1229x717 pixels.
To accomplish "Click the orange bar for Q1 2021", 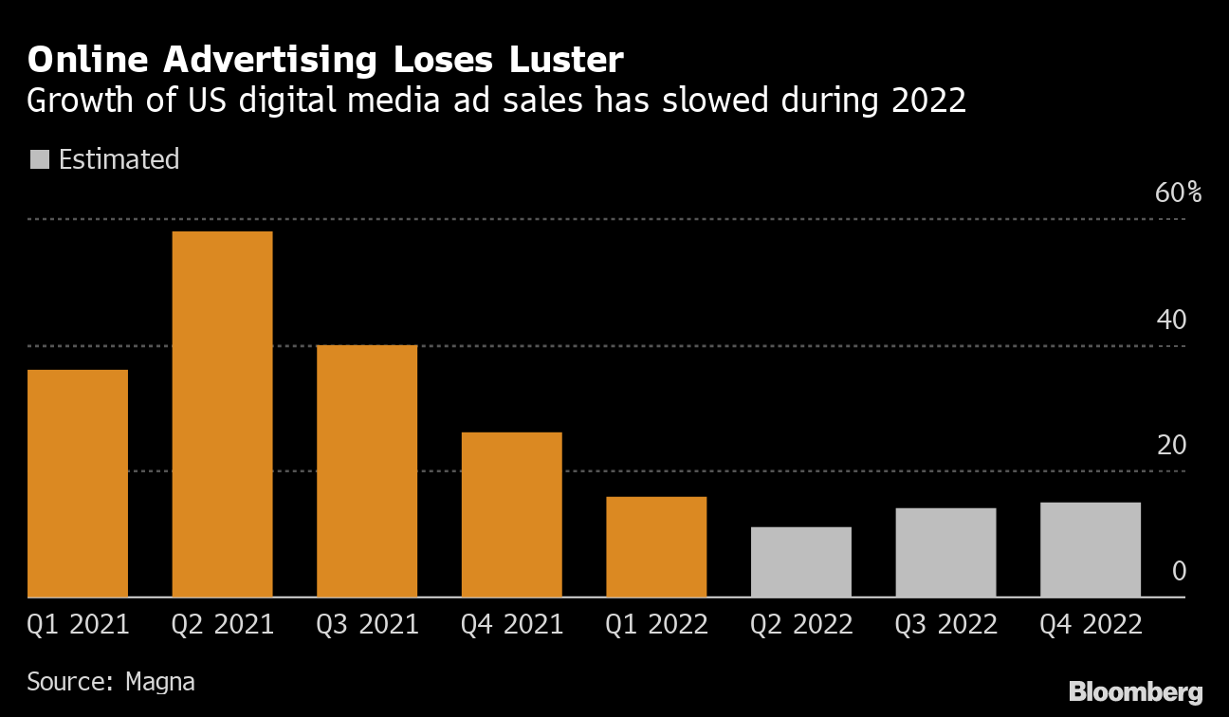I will tap(78, 483).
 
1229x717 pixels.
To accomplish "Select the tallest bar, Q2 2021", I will tap(222, 414).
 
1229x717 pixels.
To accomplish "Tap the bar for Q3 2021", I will tap(367, 470).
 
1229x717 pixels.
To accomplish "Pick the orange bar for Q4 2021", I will tap(511, 514).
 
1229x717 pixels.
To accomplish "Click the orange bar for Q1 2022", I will tap(656, 546).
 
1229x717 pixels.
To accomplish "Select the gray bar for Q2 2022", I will tap(801, 561).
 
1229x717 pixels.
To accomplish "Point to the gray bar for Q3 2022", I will tap(945, 552).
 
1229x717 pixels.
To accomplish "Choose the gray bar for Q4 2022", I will tap(1091, 549).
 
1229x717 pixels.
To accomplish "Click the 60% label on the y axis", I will tap(1178, 193).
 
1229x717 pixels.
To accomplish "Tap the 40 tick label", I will tap(1171, 320).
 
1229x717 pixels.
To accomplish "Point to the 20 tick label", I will tap(1171, 445).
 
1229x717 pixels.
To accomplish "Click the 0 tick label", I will tap(1179, 571).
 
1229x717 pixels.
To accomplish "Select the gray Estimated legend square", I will tap(40, 159).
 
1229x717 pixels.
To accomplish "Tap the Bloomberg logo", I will tap(1135, 691).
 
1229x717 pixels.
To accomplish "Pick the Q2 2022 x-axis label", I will tap(801, 624).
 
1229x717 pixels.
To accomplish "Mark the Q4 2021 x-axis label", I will tap(512, 624).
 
